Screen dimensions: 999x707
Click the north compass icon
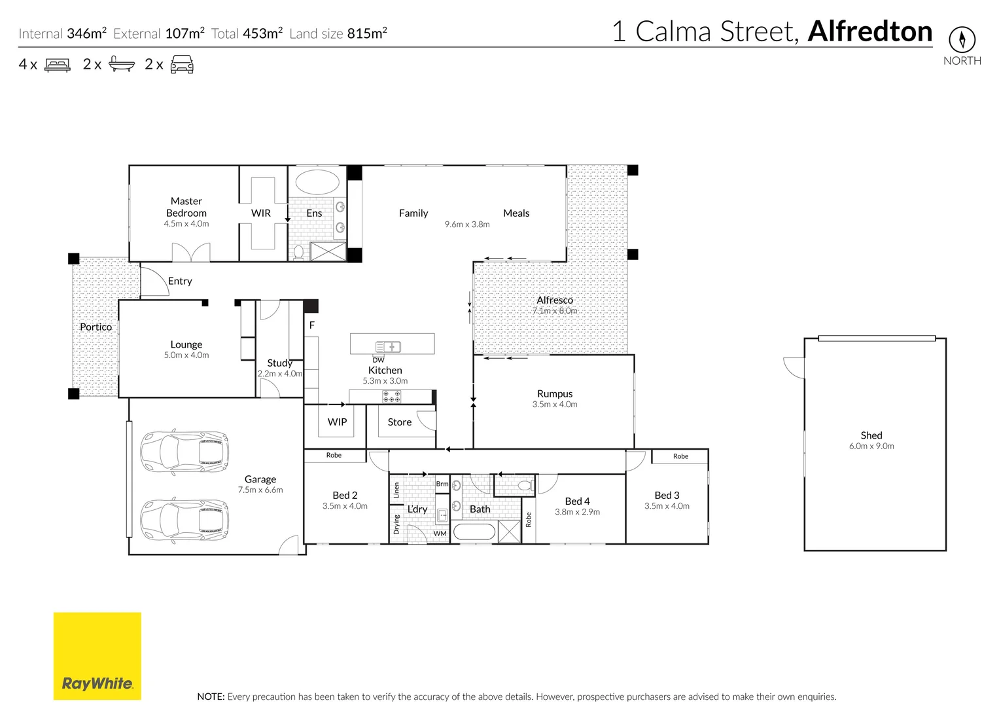tap(962, 39)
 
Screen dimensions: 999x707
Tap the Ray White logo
tap(97, 656)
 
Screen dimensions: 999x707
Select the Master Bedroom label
tap(186, 207)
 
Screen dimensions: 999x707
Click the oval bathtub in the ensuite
tap(317, 182)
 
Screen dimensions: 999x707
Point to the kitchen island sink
tap(388, 346)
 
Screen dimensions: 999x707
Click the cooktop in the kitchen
tap(391, 396)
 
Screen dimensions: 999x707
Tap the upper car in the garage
tap(184, 451)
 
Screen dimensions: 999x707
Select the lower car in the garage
tap(184, 519)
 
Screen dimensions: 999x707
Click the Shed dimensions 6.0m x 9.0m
tap(871, 446)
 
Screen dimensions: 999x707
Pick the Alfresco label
tap(555, 300)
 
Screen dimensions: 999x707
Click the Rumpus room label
tap(555, 393)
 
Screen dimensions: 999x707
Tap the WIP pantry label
tap(337, 422)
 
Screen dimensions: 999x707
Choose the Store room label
tap(400, 422)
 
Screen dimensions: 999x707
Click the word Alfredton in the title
tap(870, 31)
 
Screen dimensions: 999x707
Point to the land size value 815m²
tap(367, 33)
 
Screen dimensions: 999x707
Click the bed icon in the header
tap(58, 65)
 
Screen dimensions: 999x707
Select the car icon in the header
tap(182, 64)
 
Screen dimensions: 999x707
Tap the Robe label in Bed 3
tap(680, 456)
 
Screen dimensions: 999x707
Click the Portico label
tap(96, 327)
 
